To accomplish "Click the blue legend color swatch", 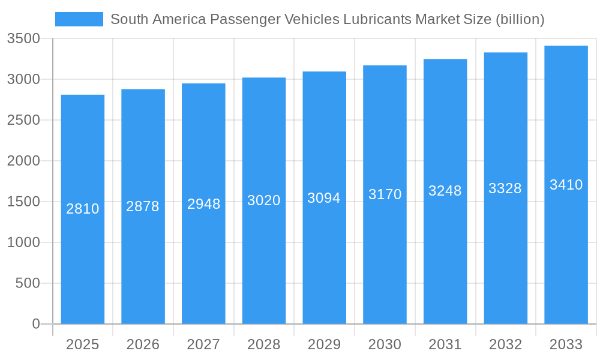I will tap(79, 19).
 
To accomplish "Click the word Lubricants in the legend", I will tap(377, 19).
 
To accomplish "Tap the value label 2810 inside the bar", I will tap(83, 209).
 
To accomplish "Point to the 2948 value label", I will tap(203, 204).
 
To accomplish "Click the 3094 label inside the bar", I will tap(324, 198).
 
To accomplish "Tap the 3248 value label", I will tap(445, 191).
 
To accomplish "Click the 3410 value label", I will tap(566, 185).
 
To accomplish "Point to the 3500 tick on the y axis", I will tap(23, 39).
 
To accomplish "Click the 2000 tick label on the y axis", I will tap(23, 161).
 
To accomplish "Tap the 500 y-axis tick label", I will tap(28, 283).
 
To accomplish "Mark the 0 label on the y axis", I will tap(36, 324).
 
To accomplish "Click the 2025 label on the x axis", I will tap(83, 344).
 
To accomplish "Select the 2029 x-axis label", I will tap(324, 344).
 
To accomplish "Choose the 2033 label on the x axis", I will tap(566, 344).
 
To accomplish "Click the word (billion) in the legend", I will tap(520, 19).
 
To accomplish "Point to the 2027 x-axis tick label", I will tap(203, 344).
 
